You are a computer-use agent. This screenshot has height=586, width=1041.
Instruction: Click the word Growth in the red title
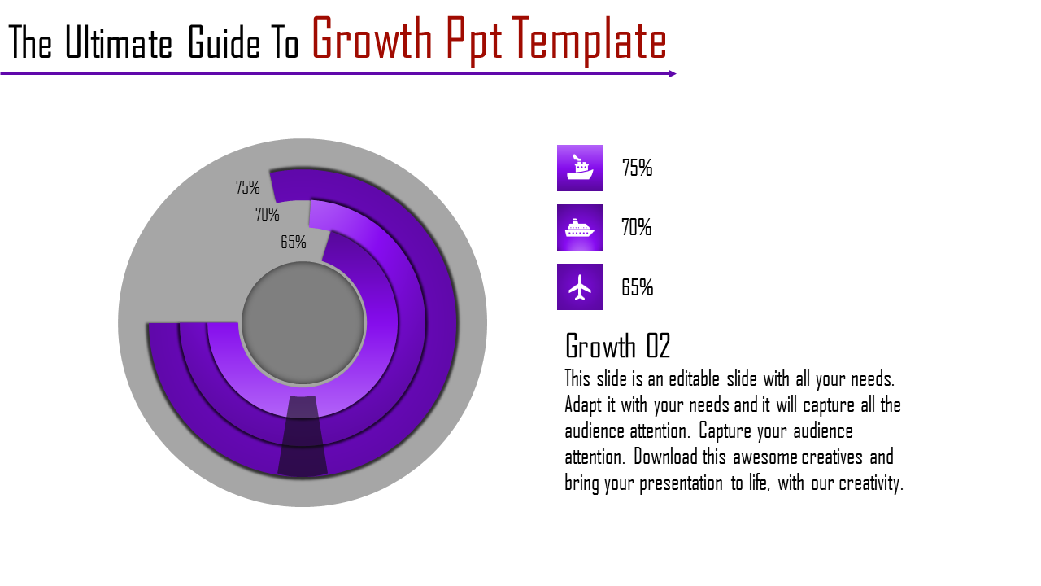[371, 41]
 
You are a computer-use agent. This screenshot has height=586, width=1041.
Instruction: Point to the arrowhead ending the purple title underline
[673, 73]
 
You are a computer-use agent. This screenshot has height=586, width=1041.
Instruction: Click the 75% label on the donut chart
[247, 188]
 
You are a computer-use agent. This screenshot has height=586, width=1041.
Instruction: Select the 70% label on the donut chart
[267, 215]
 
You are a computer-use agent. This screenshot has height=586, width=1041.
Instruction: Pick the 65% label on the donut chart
[293, 243]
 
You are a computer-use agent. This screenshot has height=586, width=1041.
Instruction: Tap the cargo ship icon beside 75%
[580, 168]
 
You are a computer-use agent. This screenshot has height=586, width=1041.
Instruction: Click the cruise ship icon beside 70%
[580, 227]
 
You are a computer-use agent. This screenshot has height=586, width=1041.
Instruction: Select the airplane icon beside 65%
[580, 286]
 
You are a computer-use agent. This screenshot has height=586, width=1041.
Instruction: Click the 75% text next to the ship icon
[637, 168]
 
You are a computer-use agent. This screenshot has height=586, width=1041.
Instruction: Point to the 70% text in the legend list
[637, 228]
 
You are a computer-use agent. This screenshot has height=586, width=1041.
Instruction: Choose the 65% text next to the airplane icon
[637, 287]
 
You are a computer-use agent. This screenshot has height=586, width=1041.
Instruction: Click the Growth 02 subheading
[617, 346]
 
